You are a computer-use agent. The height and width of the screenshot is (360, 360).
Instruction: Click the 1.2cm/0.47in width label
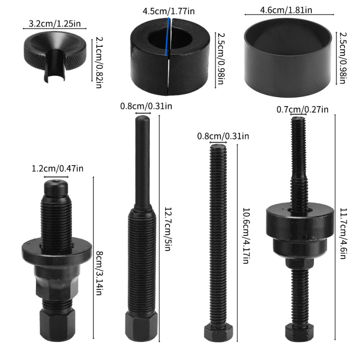click(57, 169)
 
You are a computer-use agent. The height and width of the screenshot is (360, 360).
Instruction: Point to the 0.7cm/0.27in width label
click(302, 109)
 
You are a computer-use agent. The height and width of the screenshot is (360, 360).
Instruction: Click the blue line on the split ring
click(168, 38)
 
